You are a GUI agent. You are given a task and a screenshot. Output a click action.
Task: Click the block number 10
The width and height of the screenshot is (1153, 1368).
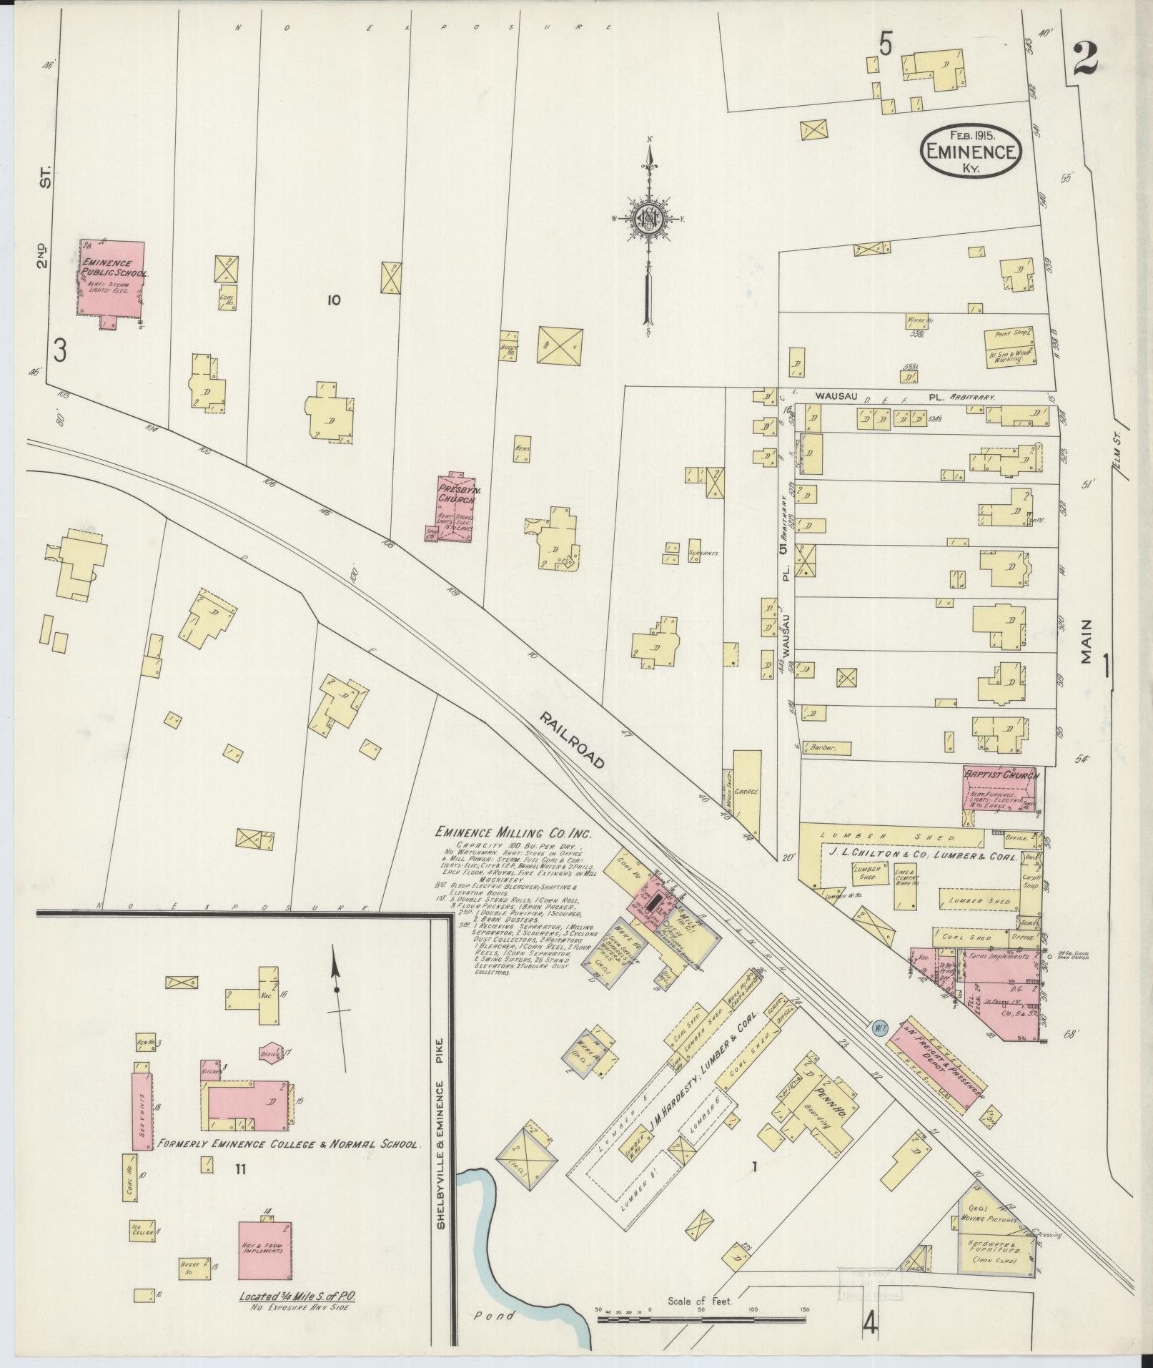coord(334,300)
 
